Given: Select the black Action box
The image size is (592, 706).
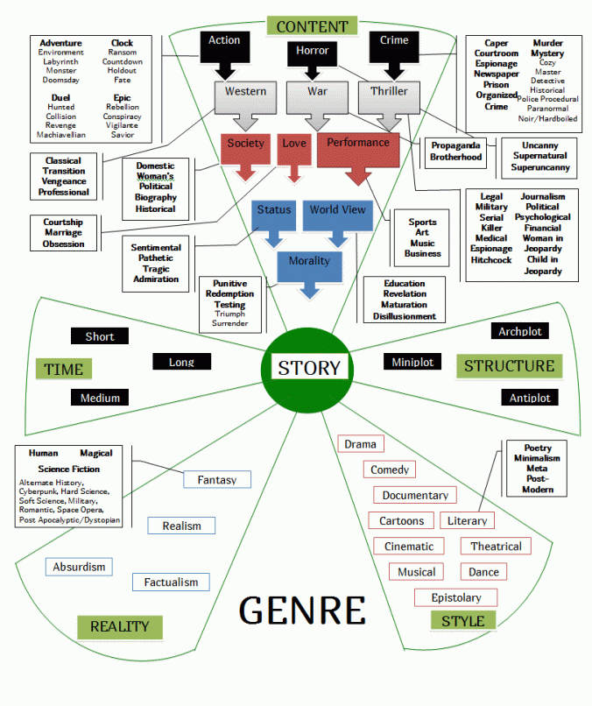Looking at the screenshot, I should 224,41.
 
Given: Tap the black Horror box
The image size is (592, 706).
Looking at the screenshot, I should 312,51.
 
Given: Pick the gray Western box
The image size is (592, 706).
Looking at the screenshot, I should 245,92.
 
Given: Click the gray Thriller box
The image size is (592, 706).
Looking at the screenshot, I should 389,92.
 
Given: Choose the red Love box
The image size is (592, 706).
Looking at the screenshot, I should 293,143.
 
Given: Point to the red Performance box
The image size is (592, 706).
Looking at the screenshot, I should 358,144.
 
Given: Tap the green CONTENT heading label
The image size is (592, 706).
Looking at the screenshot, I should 312,26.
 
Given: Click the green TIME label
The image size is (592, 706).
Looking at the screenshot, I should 63,369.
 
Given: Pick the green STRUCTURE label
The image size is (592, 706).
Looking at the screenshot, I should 509,366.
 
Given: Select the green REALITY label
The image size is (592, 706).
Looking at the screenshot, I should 119,626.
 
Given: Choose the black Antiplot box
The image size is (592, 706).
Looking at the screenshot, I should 530,398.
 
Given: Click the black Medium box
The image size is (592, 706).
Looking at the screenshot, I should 100,398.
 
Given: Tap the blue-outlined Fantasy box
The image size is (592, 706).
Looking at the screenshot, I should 217,479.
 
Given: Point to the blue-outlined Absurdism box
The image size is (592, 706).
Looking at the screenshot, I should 79,567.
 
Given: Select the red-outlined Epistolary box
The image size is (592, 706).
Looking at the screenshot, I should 455,597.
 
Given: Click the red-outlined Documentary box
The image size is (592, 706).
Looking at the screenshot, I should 415,495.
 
